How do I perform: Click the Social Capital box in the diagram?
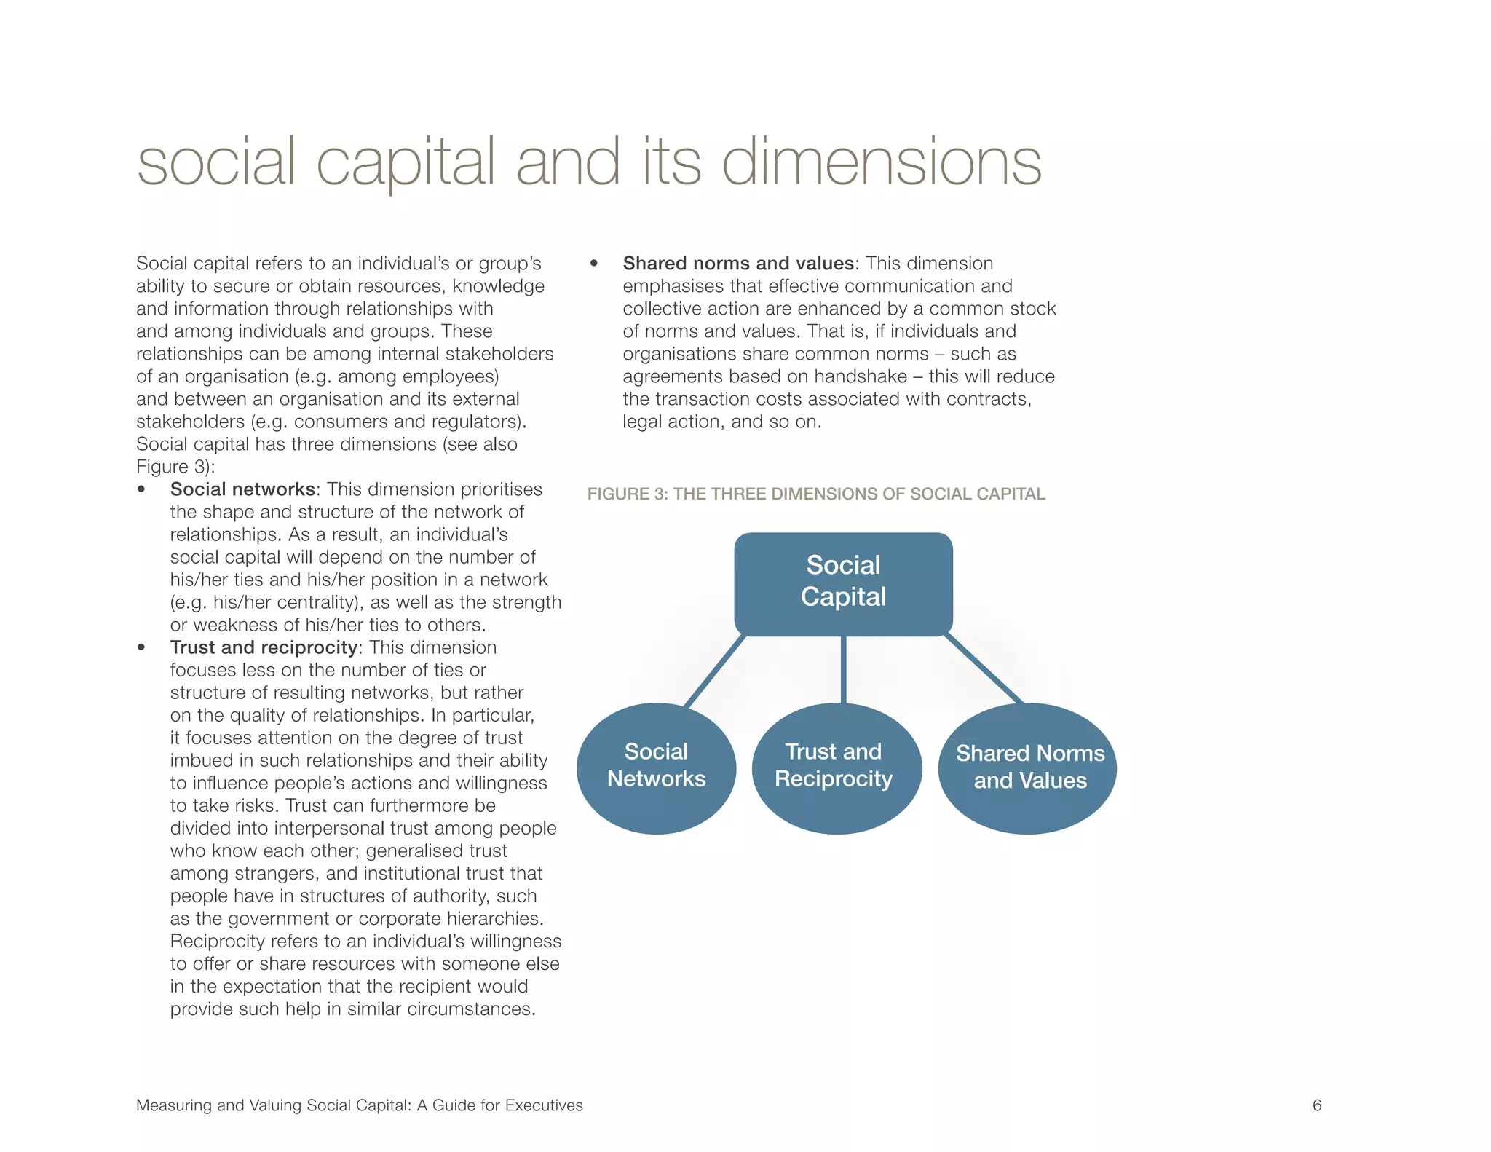843,583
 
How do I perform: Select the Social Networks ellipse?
656,768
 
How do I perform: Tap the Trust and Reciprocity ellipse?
836,768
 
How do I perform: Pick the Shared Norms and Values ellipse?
1027,768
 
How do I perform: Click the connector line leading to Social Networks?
715,670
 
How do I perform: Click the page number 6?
1316,1105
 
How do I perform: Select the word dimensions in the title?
882,163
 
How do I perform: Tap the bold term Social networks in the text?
242,489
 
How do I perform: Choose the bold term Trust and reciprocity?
263,647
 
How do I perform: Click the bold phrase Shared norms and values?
738,264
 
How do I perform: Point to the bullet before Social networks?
141,489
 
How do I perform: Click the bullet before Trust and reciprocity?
141,647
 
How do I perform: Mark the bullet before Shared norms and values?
594,264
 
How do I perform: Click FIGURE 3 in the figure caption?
627,494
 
